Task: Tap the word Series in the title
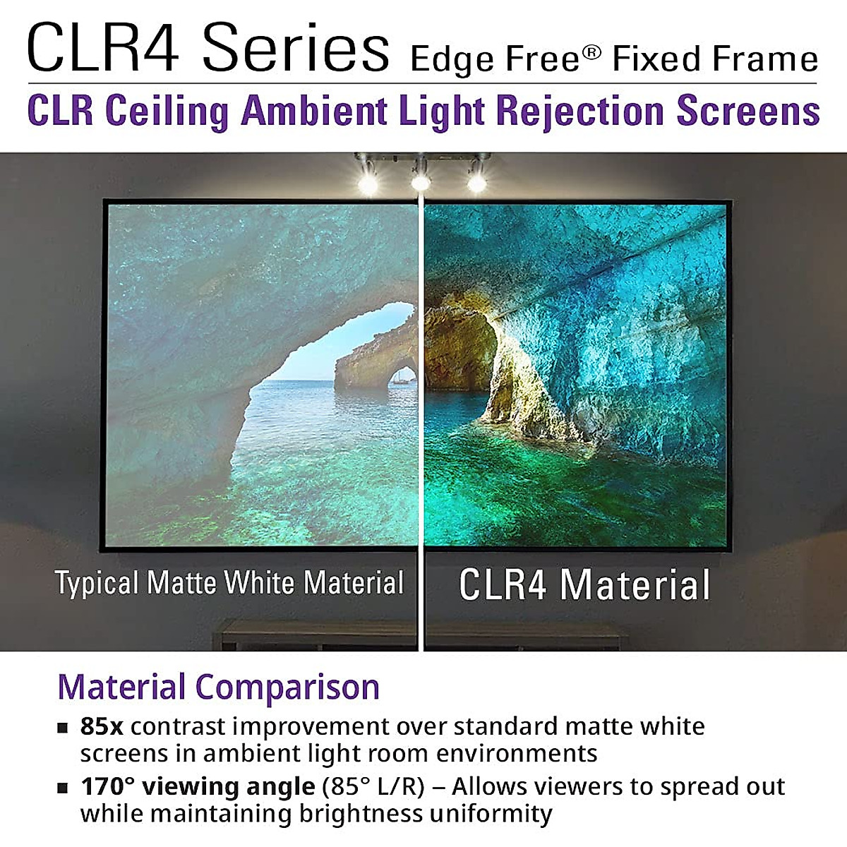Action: click(295, 48)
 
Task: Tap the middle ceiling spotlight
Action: click(421, 182)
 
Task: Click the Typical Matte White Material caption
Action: click(229, 584)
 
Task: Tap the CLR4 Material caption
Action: click(584, 585)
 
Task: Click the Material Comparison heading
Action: click(219, 687)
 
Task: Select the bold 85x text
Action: click(102, 726)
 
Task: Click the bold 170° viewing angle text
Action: click(198, 786)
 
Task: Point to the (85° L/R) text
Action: click(373, 786)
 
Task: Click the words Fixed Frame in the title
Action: click(715, 59)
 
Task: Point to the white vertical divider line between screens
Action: click(421, 423)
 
